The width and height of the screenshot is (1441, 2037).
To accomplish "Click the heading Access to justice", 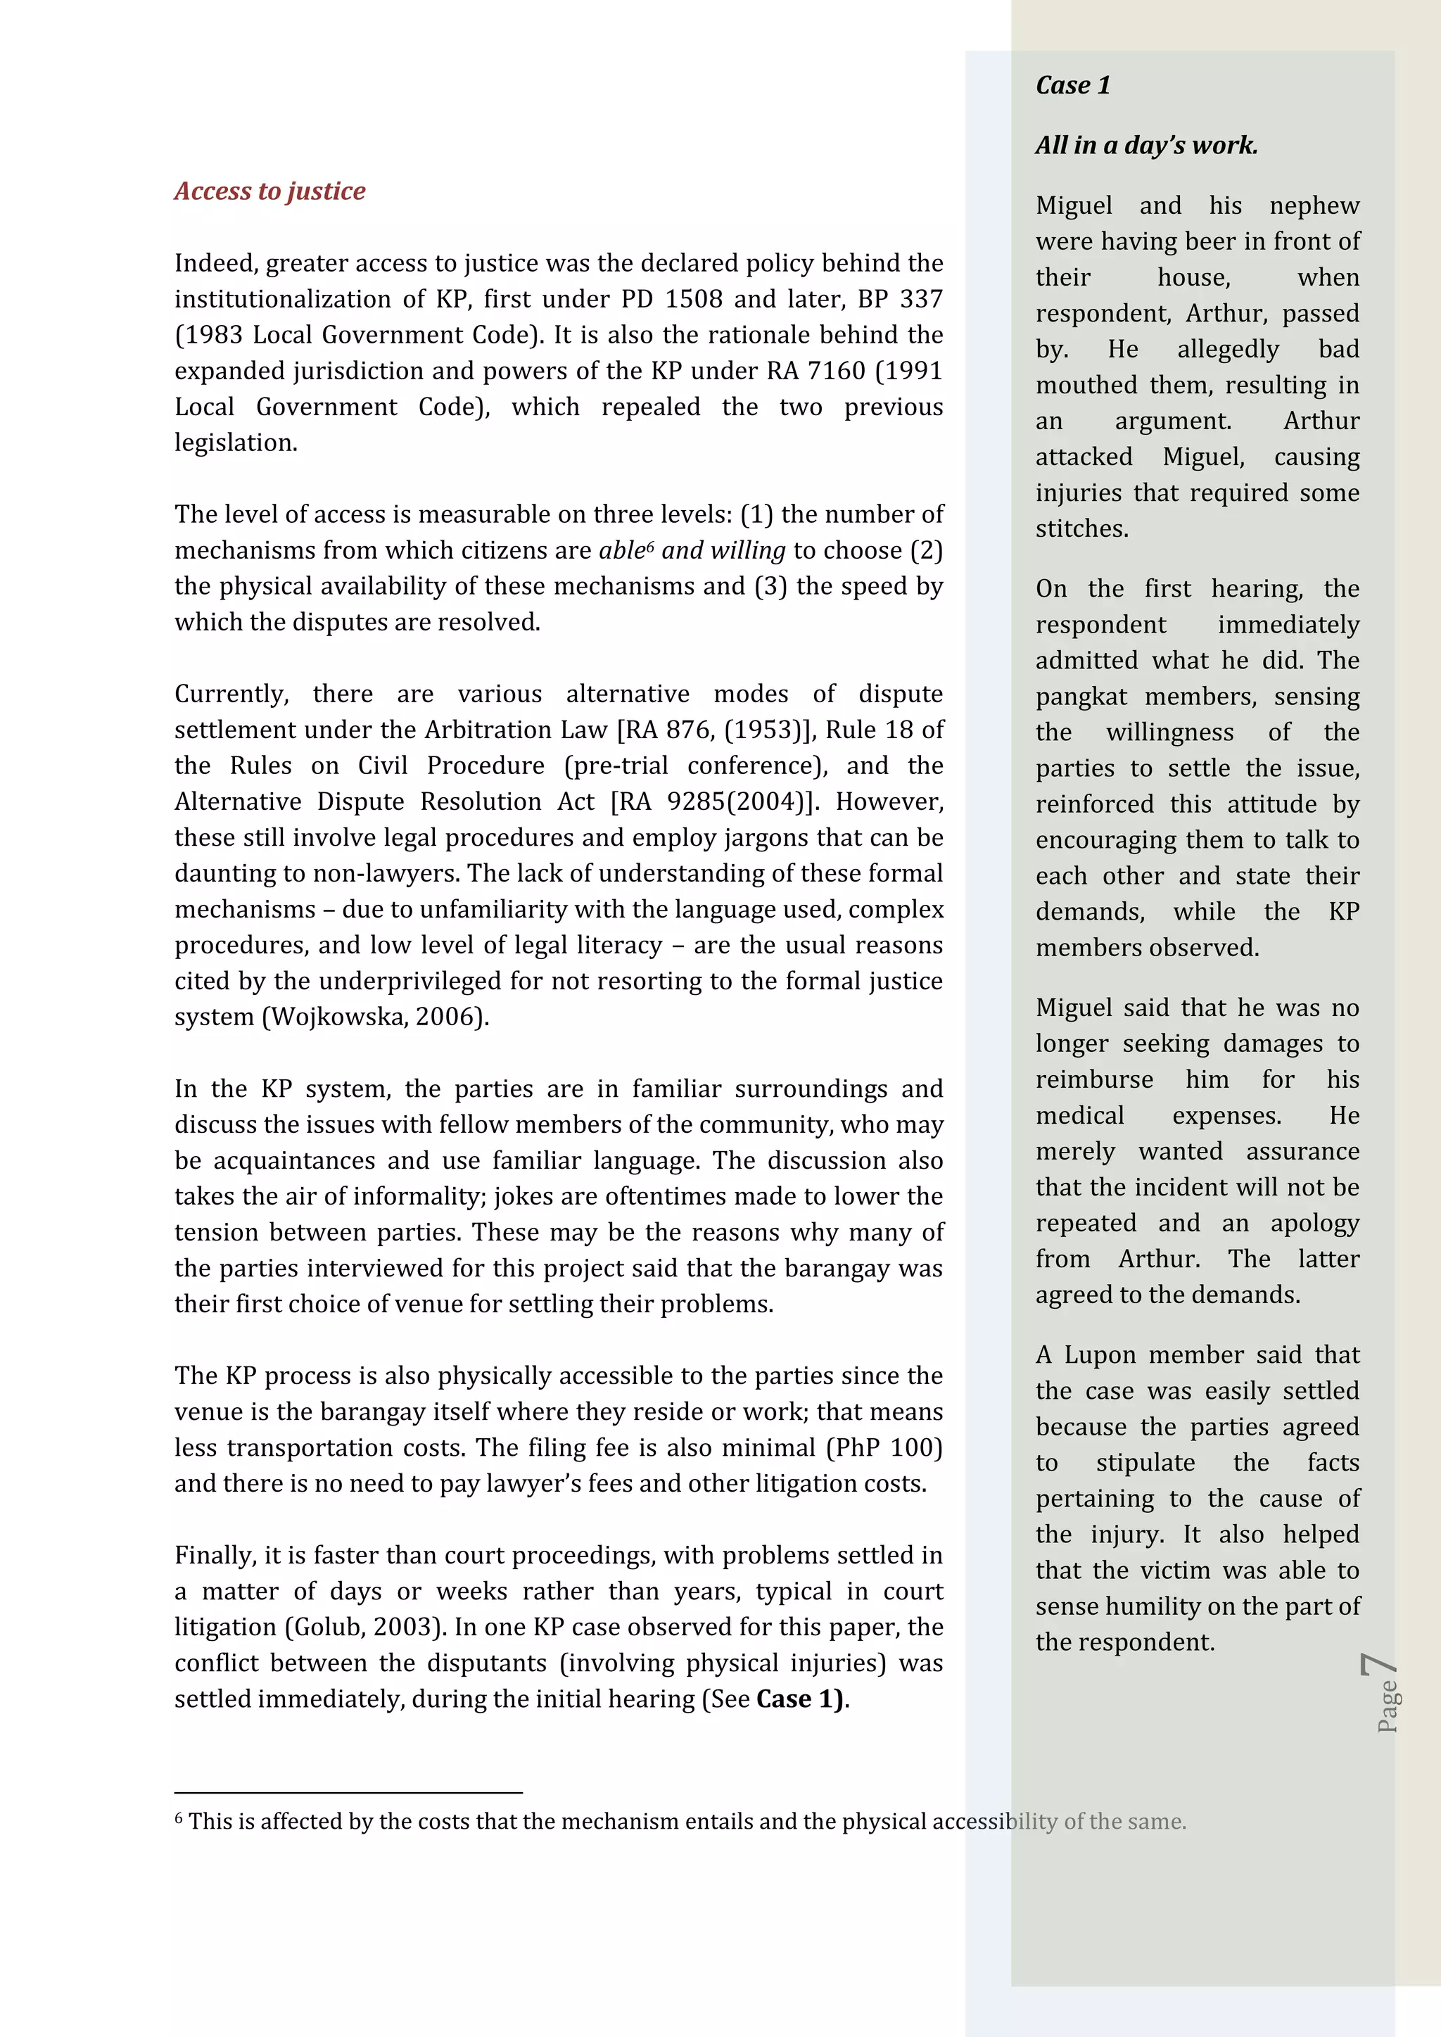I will pyautogui.click(x=269, y=191).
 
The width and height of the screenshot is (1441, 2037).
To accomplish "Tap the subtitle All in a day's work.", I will pyautogui.click(x=1145, y=145).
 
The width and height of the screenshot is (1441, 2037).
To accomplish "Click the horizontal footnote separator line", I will pyautogui.click(x=348, y=1793).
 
